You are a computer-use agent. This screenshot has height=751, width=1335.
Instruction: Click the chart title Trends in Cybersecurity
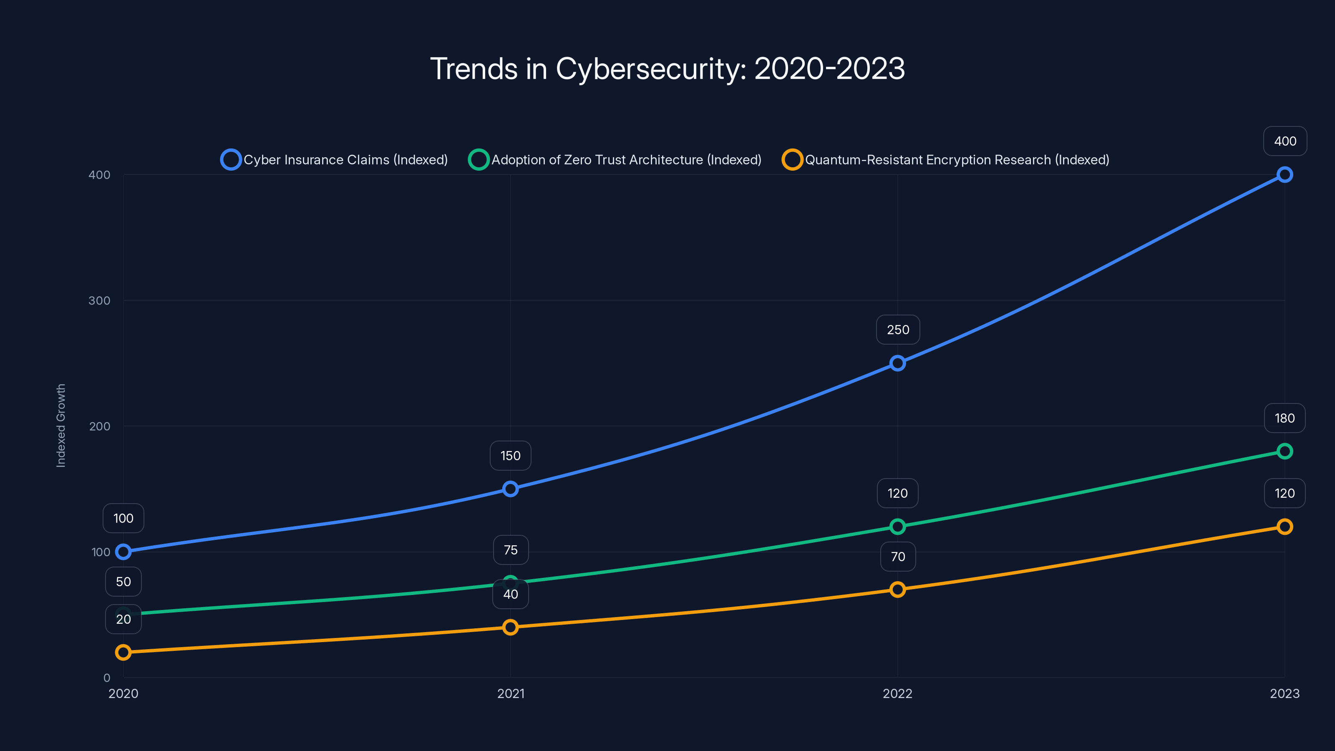[667, 69]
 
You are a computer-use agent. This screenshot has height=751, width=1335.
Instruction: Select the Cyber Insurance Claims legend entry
[334, 160]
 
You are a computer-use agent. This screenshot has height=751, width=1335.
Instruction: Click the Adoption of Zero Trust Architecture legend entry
[615, 160]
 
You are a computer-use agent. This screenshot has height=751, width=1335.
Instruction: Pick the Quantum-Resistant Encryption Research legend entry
[946, 160]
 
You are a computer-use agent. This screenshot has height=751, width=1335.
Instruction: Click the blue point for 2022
[898, 363]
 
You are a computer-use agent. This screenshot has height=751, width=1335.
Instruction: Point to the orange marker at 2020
[123, 652]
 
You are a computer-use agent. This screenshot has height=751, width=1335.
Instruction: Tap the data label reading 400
[1285, 141]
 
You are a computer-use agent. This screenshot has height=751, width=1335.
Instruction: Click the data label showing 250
[898, 330]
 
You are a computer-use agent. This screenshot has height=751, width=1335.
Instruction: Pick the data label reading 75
[511, 550]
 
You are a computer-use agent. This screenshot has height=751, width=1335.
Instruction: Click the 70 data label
[898, 557]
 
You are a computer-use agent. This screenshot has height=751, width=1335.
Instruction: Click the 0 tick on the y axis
[107, 678]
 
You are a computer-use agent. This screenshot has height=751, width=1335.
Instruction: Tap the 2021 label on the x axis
[511, 693]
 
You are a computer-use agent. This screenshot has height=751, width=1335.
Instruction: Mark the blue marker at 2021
[511, 489]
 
